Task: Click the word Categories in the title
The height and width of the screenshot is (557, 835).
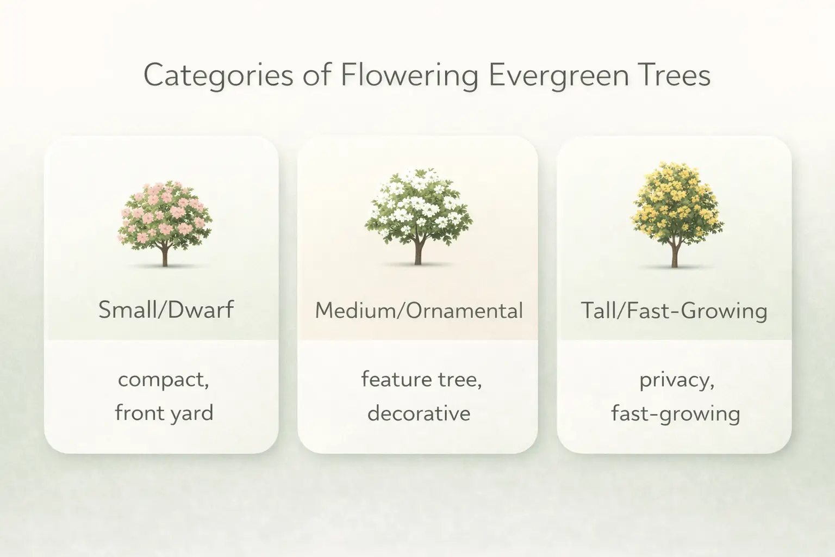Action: click(x=218, y=75)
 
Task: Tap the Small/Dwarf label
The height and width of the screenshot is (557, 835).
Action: click(x=166, y=310)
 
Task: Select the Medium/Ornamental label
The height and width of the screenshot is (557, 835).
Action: click(x=419, y=311)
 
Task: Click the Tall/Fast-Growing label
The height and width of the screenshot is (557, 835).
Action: click(x=674, y=311)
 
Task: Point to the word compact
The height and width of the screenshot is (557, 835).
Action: click(x=163, y=379)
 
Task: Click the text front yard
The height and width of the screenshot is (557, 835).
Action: click(x=164, y=413)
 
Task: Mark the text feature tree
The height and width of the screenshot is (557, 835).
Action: click(x=421, y=379)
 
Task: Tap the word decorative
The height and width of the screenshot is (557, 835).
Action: click(x=419, y=413)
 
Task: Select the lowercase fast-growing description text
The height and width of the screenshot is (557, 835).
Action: click(x=675, y=413)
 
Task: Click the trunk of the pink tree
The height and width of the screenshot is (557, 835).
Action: click(x=165, y=256)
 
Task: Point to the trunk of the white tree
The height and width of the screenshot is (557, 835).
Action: click(x=418, y=253)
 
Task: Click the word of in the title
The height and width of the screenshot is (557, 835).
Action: click(x=317, y=75)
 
